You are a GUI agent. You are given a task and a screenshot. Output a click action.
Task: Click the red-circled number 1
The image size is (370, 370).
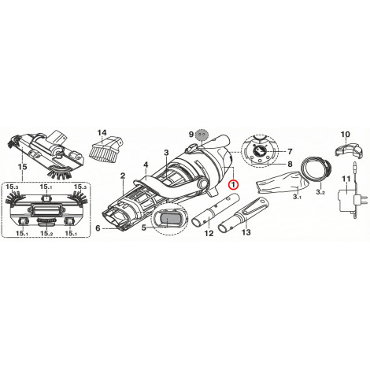pos(233,184)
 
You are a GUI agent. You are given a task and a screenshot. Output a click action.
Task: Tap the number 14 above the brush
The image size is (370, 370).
pos(102,133)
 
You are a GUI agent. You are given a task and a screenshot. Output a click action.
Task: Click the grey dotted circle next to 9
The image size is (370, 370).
pos(202,135)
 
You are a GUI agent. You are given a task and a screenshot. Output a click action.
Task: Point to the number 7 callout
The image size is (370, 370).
pos(290,152)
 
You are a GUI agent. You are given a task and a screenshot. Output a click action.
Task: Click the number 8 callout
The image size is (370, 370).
pos(290,165)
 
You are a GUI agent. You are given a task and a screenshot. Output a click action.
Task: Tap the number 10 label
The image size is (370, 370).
pos(346,135)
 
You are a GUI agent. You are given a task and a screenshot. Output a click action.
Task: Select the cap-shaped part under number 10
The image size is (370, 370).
pos(348,150)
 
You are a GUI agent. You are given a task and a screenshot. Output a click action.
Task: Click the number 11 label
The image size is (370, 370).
pos(346,179)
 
